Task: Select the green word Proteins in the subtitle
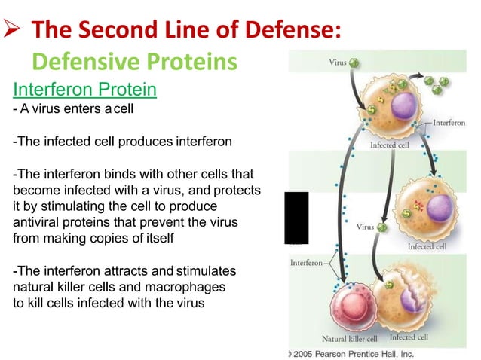coord(192,60)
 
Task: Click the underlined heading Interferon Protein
coord(84,90)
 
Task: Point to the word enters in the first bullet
coord(77,110)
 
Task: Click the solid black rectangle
coord(296,218)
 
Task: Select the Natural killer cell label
coord(351,338)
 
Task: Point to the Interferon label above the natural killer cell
coord(307,263)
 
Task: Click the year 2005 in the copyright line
coord(304,352)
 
